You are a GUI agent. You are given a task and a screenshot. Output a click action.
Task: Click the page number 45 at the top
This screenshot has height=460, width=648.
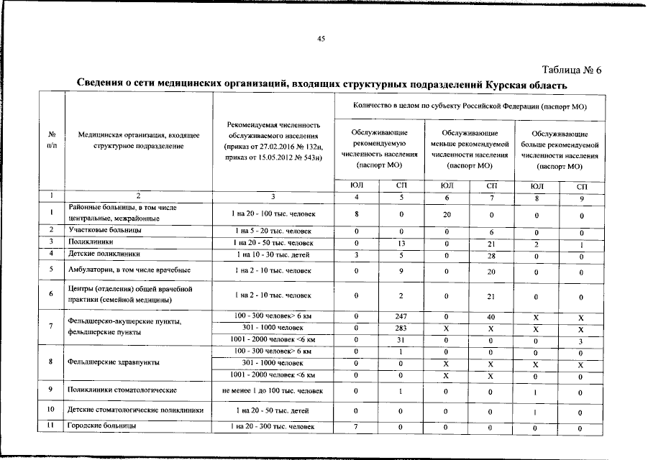(x=322, y=39)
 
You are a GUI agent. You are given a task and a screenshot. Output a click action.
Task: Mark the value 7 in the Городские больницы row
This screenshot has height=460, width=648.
(x=357, y=426)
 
